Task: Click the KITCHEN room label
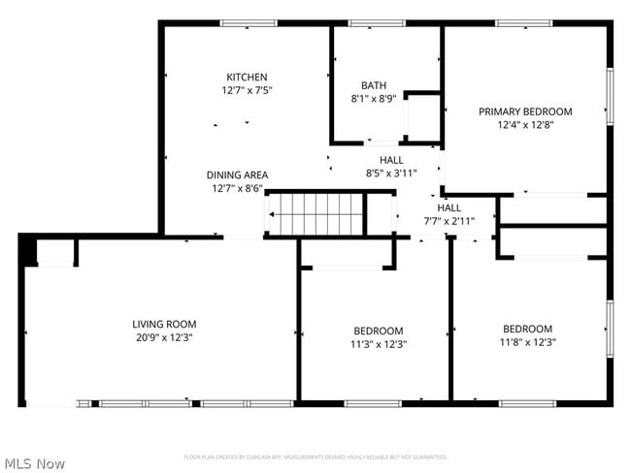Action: click(247, 78)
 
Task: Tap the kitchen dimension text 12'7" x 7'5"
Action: click(247, 90)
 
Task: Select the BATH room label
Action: click(374, 85)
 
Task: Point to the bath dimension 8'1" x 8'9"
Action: click(374, 98)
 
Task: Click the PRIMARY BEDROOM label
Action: click(525, 111)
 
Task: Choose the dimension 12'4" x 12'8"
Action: click(525, 124)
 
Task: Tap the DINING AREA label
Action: click(237, 175)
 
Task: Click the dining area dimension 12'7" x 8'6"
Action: click(237, 188)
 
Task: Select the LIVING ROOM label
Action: click(164, 325)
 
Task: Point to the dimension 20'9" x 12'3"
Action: click(164, 337)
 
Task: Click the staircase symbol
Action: click(315, 214)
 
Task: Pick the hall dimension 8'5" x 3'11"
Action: click(390, 173)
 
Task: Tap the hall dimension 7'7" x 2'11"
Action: click(448, 221)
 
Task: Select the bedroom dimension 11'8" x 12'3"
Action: click(527, 341)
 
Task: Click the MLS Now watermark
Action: click(35, 463)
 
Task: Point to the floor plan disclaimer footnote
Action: click(315, 457)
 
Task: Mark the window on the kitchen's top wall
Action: click(249, 23)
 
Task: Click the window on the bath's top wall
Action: click(377, 23)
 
